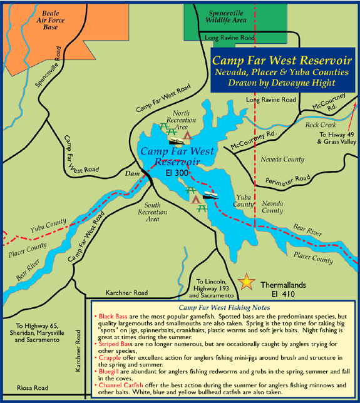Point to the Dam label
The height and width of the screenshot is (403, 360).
tap(131, 173)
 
